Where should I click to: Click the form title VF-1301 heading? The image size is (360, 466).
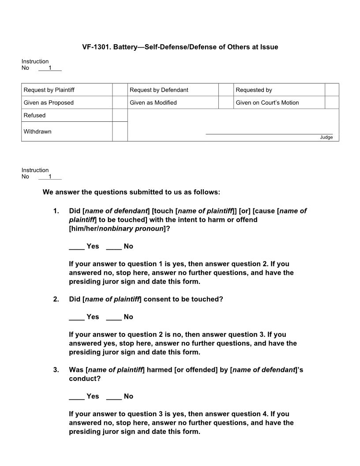180,47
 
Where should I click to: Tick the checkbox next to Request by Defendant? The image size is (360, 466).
225,90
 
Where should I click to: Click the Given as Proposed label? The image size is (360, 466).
49,103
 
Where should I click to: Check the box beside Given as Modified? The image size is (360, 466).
225,103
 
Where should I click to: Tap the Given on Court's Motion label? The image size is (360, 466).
267,103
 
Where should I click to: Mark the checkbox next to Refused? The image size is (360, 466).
120,115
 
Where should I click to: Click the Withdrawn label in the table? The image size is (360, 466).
37,132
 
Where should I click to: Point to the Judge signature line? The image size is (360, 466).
269,134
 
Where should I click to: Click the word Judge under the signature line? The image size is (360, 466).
326,137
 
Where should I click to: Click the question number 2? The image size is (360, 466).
56,299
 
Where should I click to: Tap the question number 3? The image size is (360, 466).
56,370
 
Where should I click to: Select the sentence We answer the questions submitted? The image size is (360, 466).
131,192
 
